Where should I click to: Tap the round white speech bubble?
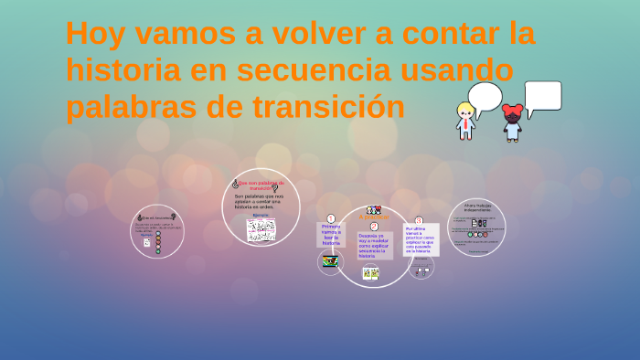[x=485, y=96]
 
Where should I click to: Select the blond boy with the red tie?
[x=466, y=122]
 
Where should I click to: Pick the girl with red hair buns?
[x=512, y=122]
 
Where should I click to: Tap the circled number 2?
[x=374, y=226]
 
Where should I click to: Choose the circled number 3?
[x=419, y=220]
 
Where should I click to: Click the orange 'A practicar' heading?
[x=373, y=217]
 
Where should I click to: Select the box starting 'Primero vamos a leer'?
[x=330, y=236]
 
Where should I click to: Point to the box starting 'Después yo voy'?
[x=373, y=247]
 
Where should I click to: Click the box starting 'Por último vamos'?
[x=421, y=239]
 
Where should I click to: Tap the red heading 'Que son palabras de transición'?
[x=261, y=185]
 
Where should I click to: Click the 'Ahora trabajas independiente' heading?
[x=476, y=208]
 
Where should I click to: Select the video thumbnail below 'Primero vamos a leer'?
[x=330, y=261]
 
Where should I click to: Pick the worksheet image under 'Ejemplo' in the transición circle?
[x=261, y=229]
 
